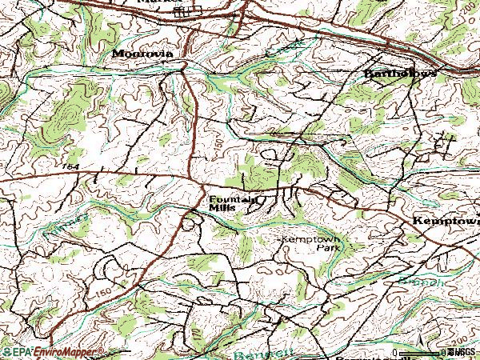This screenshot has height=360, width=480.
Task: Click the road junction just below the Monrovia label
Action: pos(183,70)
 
